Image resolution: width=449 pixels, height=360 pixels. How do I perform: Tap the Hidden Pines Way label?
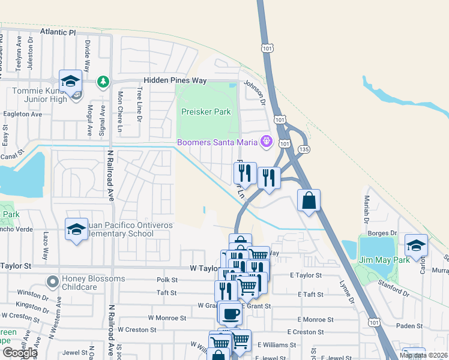tap(175, 80)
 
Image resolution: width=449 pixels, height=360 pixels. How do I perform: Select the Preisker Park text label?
tap(206, 112)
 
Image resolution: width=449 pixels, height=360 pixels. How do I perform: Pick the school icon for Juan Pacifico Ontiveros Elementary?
tap(76, 229)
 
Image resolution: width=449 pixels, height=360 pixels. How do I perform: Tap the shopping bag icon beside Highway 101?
tap(309, 200)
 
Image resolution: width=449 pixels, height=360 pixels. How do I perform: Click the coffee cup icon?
tap(230, 313)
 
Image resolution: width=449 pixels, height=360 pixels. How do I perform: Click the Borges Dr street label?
tap(385, 232)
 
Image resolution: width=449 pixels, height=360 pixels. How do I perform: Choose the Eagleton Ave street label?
tap(22, 114)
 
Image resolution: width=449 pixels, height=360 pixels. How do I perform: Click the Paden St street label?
tap(409, 326)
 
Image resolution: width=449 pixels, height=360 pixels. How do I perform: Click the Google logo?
tap(19, 352)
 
